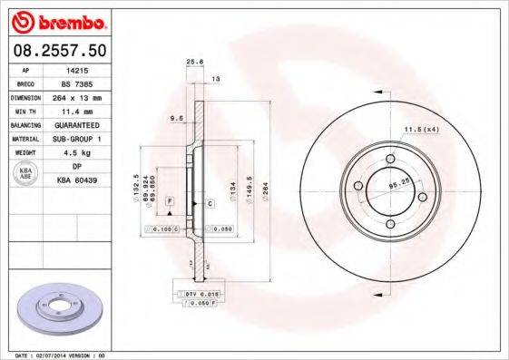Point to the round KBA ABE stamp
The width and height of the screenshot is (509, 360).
pos(27,173)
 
